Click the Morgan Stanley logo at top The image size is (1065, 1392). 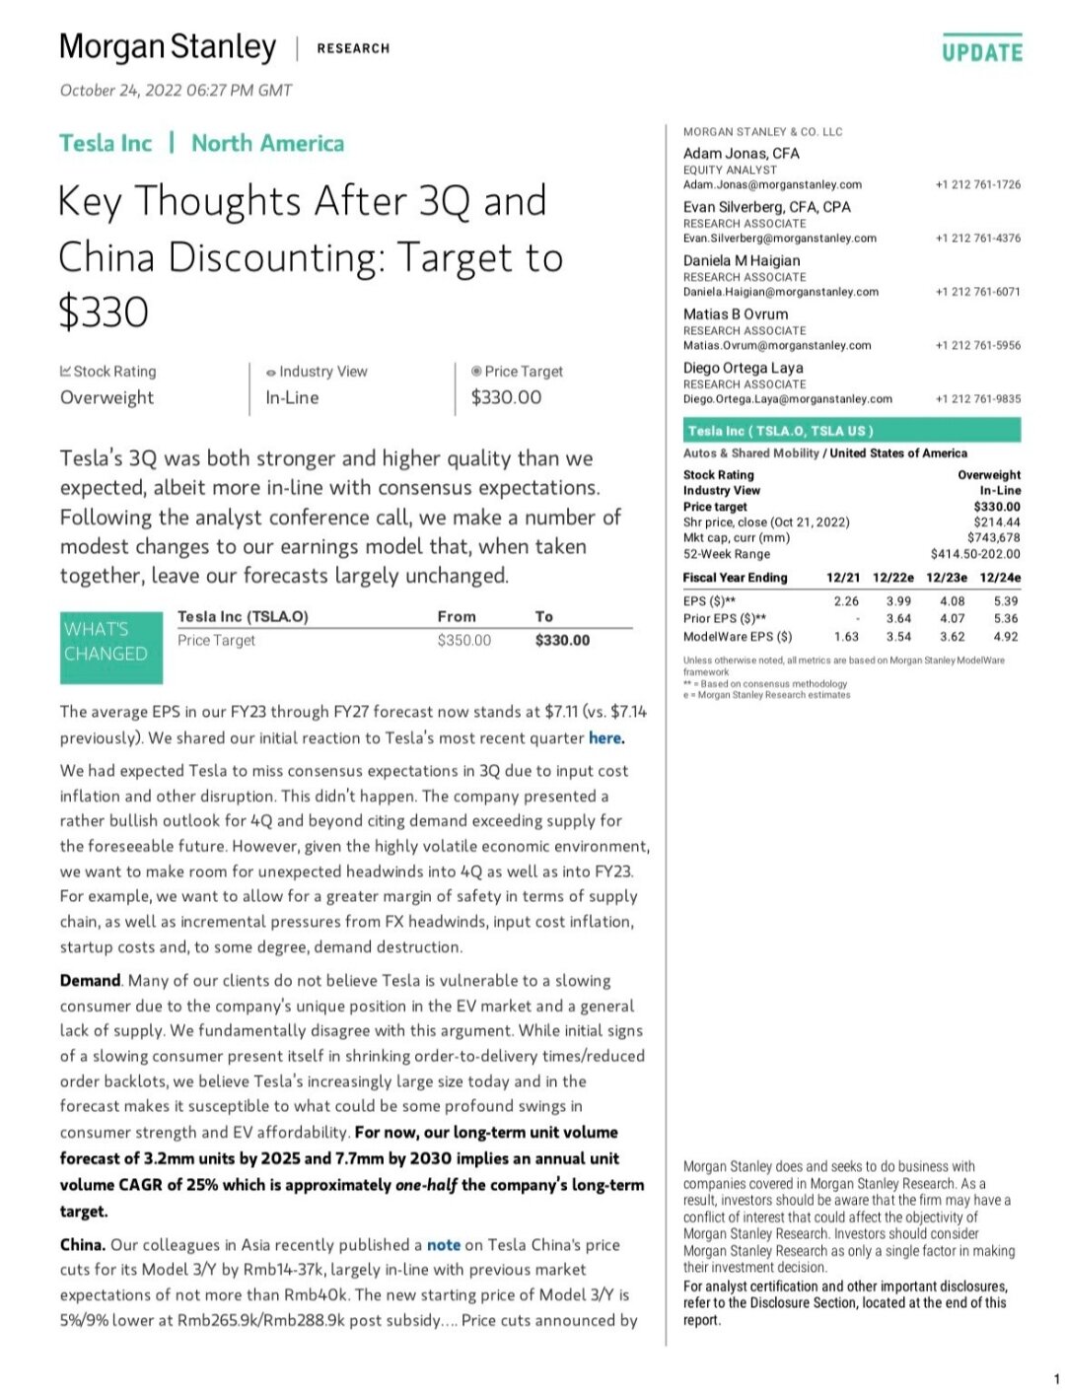(168, 47)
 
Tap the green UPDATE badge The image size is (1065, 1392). (981, 51)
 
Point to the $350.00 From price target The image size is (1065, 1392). (463, 641)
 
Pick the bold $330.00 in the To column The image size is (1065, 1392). (562, 641)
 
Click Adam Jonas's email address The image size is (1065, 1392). (772, 184)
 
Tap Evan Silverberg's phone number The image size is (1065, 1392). (977, 239)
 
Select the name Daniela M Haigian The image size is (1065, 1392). (742, 260)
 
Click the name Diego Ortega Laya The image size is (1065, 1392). (743, 368)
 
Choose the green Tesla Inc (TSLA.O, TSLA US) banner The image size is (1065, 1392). (852, 431)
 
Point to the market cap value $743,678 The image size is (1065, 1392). (994, 538)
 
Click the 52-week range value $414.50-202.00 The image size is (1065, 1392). (975, 554)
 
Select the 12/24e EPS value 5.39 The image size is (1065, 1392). (1005, 601)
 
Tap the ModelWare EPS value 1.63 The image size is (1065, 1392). (845, 637)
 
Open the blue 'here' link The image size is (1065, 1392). (605, 738)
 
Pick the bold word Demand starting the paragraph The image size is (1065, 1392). (90, 981)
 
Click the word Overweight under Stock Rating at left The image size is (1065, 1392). (106, 397)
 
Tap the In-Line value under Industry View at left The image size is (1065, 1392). (292, 397)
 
